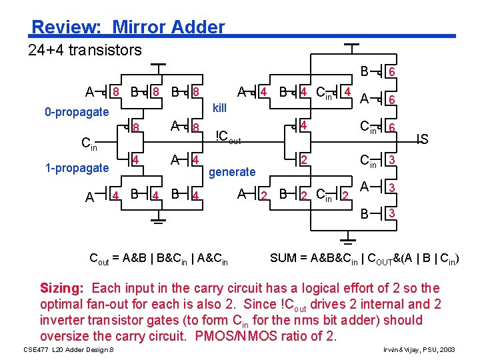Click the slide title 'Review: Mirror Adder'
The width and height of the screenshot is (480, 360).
point(129,27)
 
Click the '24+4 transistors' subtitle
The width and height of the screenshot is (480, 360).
point(85,50)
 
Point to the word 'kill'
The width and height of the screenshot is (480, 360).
point(220,108)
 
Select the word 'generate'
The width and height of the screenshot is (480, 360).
point(232,172)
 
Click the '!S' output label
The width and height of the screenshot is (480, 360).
point(421,139)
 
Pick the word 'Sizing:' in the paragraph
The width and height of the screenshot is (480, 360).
point(63,289)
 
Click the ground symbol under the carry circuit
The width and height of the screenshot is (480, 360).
point(158,219)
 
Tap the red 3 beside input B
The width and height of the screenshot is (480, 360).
point(393,214)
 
